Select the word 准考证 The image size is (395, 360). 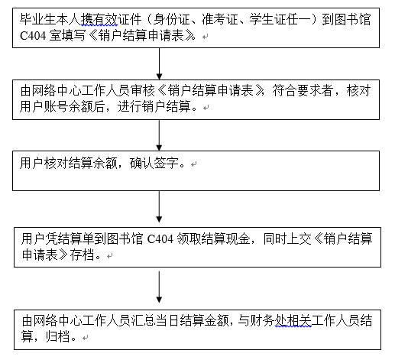point(220,20)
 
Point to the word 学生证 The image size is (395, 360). point(267,20)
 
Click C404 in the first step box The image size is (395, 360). point(33,36)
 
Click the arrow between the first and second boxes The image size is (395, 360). point(159,63)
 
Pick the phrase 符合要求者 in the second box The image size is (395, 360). point(303,91)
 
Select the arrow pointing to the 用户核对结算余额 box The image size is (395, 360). point(159,135)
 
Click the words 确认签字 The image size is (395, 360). point(154,163)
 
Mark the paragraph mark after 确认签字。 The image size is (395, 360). point(194,164)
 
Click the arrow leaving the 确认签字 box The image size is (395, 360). point(159,206)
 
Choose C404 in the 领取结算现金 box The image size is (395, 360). point(160,239)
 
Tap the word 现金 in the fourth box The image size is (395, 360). point(238,238)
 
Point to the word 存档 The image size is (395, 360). point(83,255)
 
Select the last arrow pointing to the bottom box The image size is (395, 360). point(159,287)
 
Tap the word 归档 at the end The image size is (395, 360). point(58,336)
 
